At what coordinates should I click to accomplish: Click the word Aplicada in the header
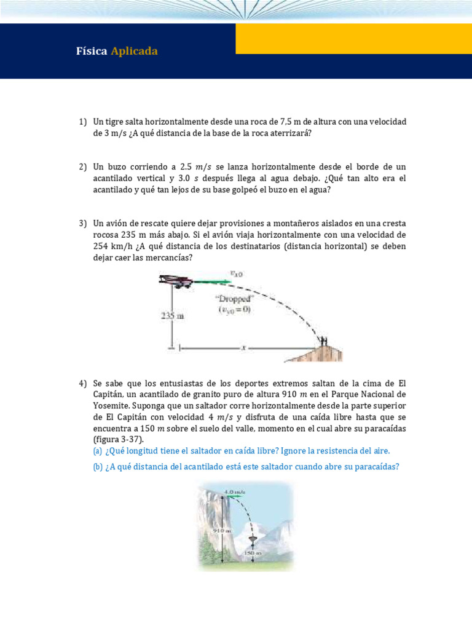(x=134, y=51)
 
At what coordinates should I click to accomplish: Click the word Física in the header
(x=92, y=51)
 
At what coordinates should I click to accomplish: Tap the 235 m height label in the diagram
(x=173, y=316)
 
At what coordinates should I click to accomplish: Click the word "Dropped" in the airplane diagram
(x=233, y=299)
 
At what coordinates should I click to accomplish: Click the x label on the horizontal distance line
(x=244, y=348)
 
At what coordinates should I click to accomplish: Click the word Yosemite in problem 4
(x=111, y=405)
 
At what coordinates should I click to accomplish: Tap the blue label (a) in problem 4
(x=98, y=451)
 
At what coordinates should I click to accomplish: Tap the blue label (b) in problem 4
(x=98, y=466)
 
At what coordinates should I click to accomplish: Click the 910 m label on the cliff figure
(x=222, y=529)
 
